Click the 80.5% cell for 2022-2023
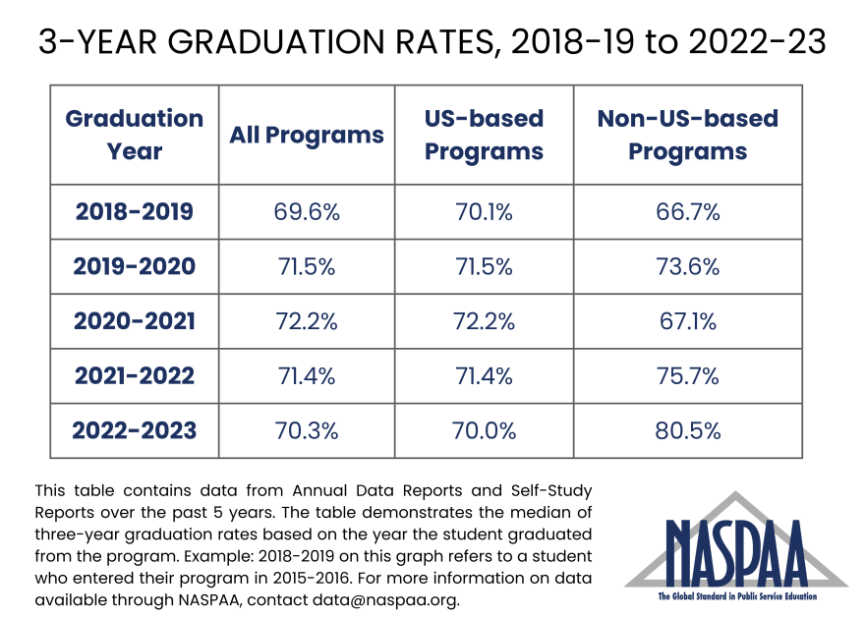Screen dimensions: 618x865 pos(688,430)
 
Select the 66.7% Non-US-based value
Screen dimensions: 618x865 pos(688,211)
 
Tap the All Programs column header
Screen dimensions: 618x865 pos(307,136)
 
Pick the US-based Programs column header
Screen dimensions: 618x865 pos(484,136)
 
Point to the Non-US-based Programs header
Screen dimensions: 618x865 pos(688,136)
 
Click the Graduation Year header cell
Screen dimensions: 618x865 pos(135,136)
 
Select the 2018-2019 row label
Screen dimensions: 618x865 pos(135,211)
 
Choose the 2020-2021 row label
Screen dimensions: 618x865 pos(135,321)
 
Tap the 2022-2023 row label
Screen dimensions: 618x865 pos(135,430)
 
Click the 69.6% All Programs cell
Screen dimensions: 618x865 pos(307,211)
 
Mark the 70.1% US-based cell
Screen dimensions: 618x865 pos(484,211)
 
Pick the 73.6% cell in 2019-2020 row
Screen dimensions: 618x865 pos(688,266)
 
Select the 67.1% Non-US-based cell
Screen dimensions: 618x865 pos(688,321)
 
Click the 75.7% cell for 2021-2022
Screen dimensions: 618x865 pos(688,375)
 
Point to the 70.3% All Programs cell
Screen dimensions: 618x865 pos(307,430)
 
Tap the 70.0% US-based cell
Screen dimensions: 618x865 pos(484,430)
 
